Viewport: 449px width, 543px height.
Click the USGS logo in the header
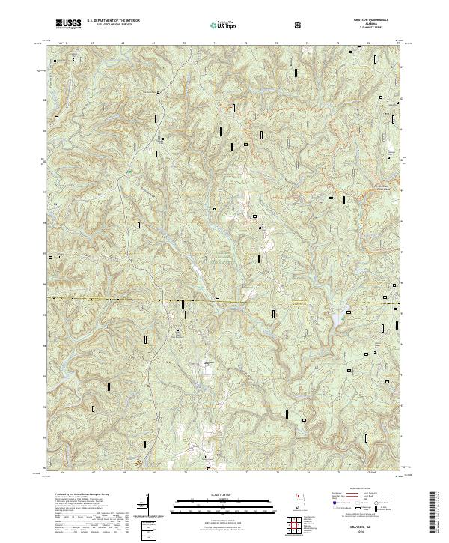point(68,24)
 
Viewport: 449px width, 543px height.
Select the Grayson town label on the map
point(210,362)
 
